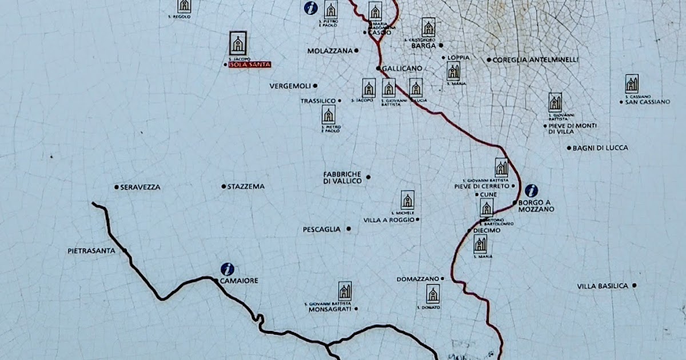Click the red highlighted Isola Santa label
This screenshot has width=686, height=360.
coord(249,65)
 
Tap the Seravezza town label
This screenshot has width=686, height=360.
coord(140,187)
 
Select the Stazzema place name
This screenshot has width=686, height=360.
coord(246,186)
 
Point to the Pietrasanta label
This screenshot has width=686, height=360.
coord(91,250)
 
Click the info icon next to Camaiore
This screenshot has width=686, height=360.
coord(228,269)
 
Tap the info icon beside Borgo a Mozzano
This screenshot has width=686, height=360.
coord(531,191)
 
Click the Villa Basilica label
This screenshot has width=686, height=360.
coord(603,286)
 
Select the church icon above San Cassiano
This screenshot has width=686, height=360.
coord(632,84)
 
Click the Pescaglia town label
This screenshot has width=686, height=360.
coord(321,230)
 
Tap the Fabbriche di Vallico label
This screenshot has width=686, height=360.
coord(342,177)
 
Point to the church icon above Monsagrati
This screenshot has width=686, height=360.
coord(345,291)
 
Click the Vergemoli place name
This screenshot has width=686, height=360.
coord(290,86)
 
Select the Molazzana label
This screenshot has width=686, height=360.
coord(330,50)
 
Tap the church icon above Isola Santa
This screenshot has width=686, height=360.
coord(238,43)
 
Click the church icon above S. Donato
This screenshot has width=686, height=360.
coord(433,294)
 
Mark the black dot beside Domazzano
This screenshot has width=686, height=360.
coord(442,279)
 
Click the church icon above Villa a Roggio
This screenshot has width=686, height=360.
coord(407,200)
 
